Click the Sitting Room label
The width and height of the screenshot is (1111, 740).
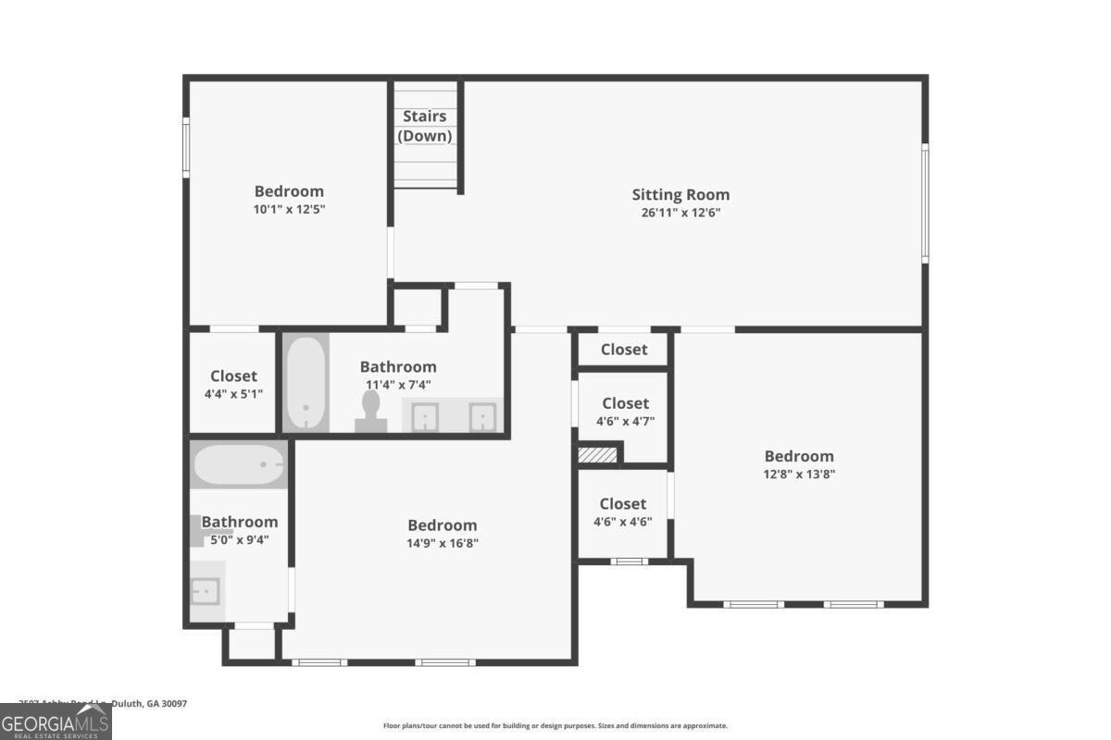coord(680,194)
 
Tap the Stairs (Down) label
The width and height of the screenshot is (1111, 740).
coord(425,126)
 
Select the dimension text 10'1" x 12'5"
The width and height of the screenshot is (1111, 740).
coord(289,209)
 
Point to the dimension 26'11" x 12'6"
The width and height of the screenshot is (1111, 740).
coord(680,212)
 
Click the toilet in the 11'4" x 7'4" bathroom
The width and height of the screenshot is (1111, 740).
coord(371,411)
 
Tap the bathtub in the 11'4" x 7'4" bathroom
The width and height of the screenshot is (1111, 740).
coord(306,382)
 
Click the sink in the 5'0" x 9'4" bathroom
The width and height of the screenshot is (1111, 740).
coord(206,589)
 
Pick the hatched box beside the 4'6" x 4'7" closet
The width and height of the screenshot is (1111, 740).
coord(598,455)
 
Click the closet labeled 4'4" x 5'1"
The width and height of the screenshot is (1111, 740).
coord(233,383)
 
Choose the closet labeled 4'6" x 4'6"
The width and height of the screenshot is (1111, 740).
coord(623,512)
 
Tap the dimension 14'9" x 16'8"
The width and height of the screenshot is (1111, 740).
coord(443,543)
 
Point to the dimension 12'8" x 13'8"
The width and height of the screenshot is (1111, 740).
coord(798,474)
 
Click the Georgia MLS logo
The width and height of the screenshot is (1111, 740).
coord(56,721)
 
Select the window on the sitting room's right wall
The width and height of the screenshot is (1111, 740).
coord(924,203)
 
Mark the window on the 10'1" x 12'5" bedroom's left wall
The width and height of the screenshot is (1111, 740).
coord(186,148)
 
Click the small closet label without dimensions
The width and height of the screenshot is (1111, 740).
coord(624,350)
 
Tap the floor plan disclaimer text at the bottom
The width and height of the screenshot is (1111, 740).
coord(555,726)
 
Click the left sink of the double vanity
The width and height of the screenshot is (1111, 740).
coord(425,417)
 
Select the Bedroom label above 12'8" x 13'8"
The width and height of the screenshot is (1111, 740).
coord(798,456)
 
